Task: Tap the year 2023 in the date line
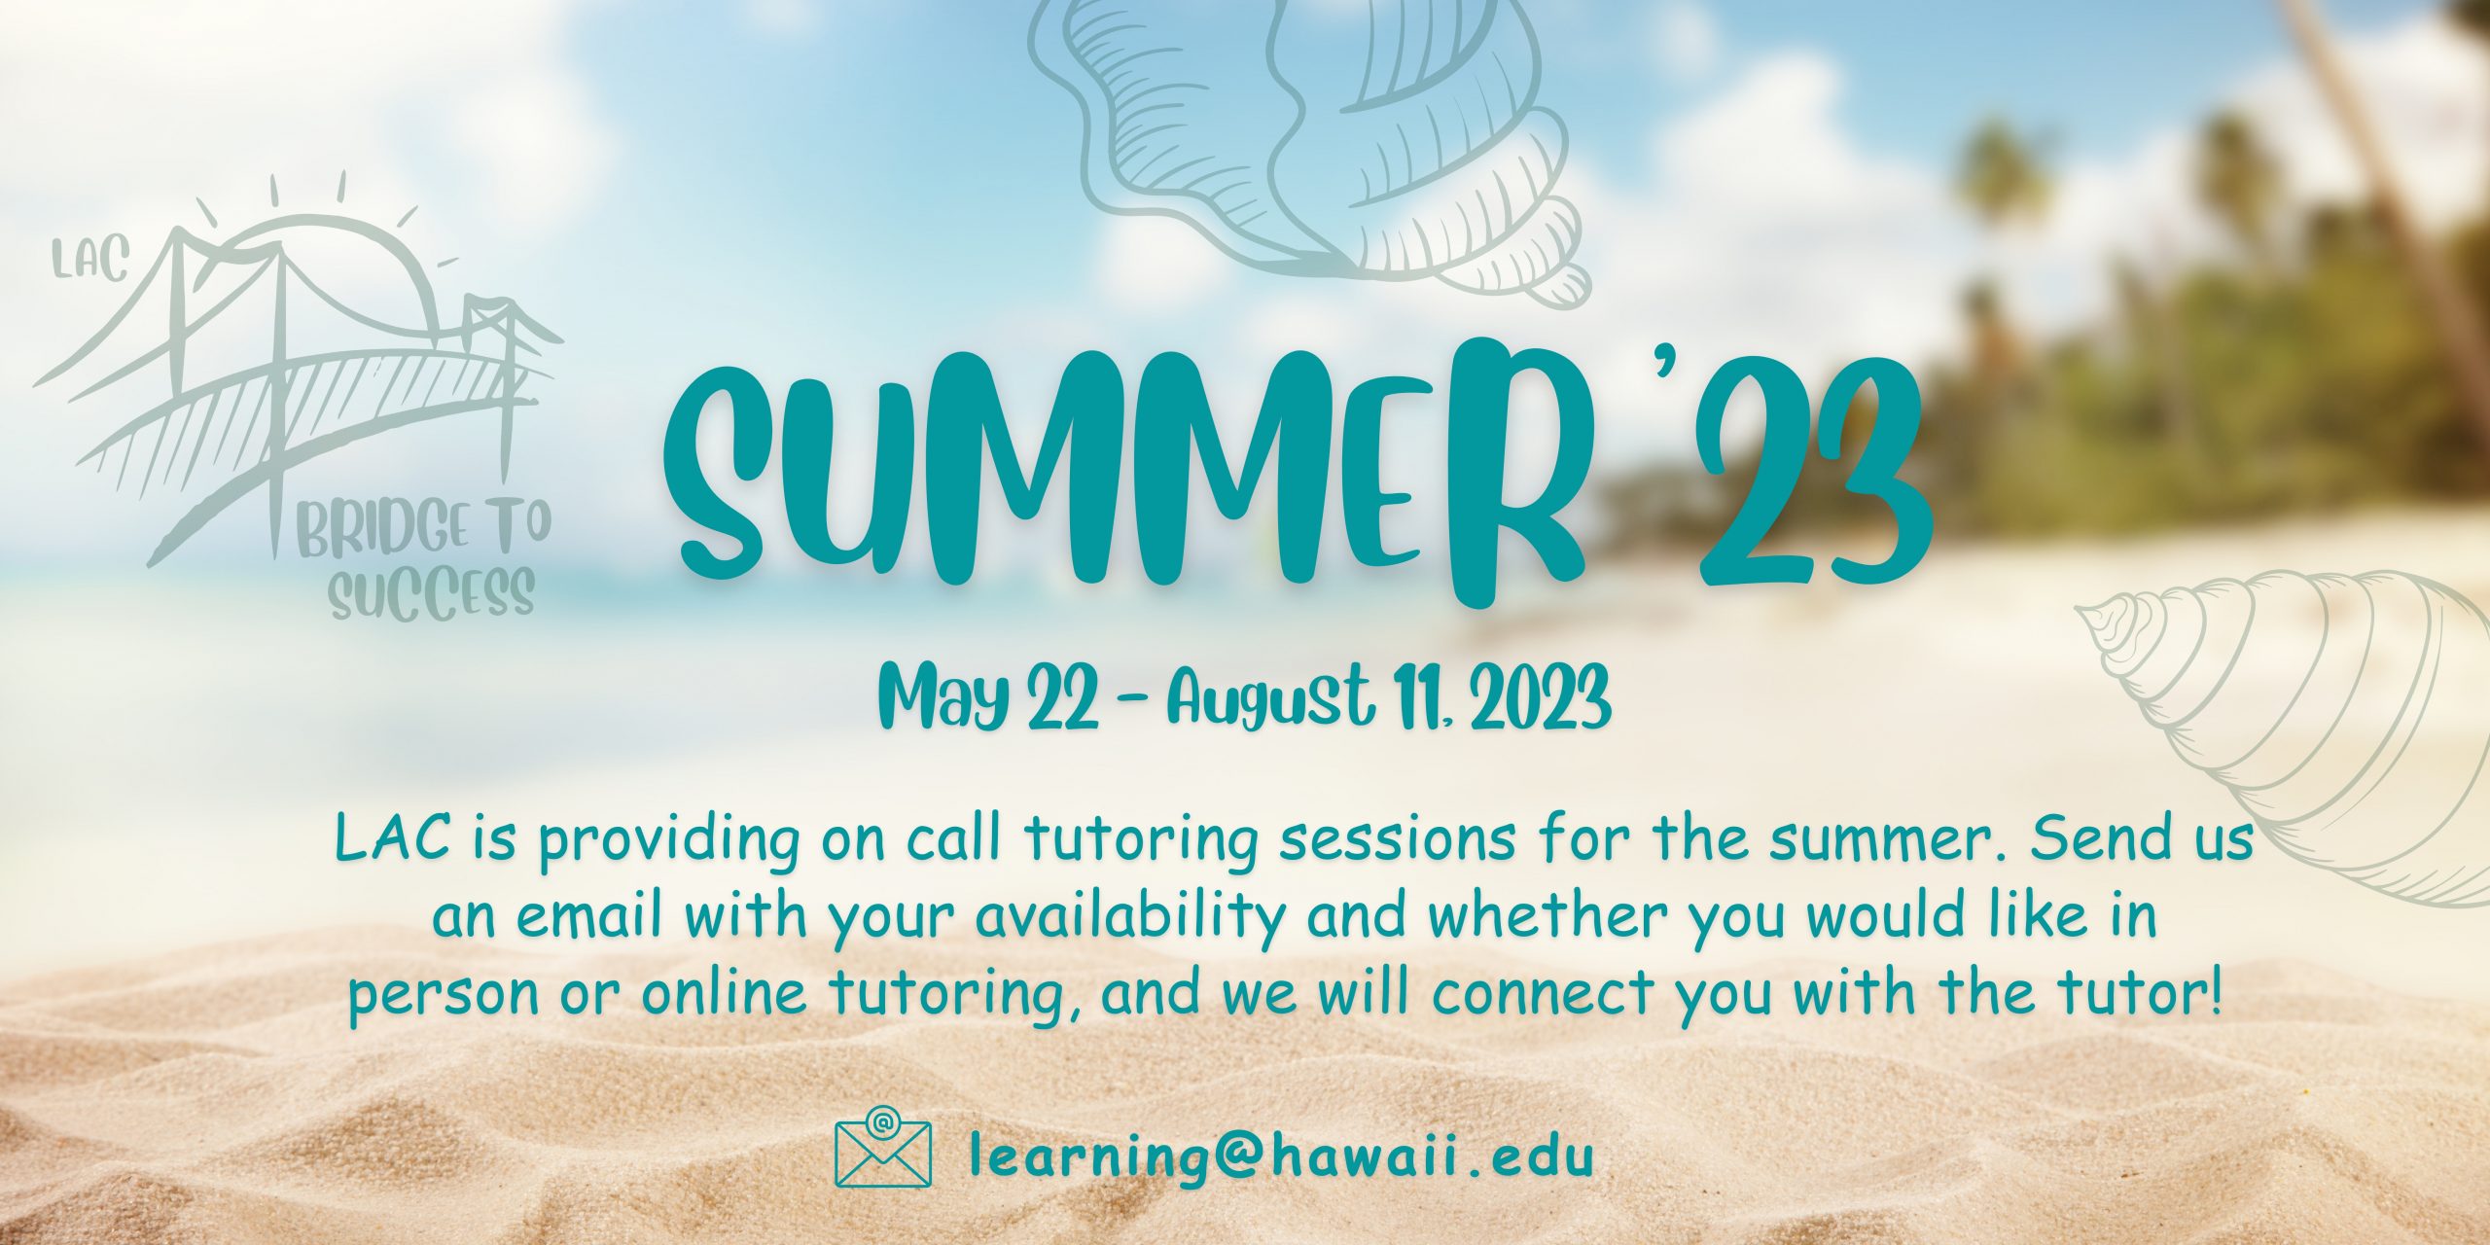point(1541,697)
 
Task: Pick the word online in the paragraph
point(724,992)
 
